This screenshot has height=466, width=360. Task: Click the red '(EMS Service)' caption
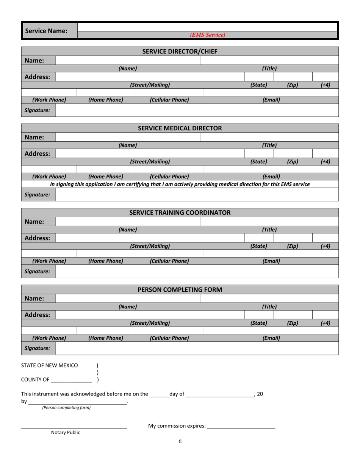[208, 35]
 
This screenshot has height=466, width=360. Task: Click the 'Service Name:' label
[46, 30]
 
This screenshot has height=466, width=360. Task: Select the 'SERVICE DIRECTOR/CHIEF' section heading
[180, 51]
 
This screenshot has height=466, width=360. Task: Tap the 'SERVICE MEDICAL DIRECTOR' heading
[180, 128]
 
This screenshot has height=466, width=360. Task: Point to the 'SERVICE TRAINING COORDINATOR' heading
[180, 213]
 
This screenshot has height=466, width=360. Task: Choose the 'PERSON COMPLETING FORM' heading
[180, 290]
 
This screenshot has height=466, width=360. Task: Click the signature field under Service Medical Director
[197, 195]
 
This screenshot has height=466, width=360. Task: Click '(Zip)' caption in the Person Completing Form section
[292, 323]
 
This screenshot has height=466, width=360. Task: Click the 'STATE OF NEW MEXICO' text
[50, 366]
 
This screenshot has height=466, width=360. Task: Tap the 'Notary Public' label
[66, 433]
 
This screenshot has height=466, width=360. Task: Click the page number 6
[180, 441]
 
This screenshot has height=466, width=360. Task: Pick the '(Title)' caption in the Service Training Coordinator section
[269, 229]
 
